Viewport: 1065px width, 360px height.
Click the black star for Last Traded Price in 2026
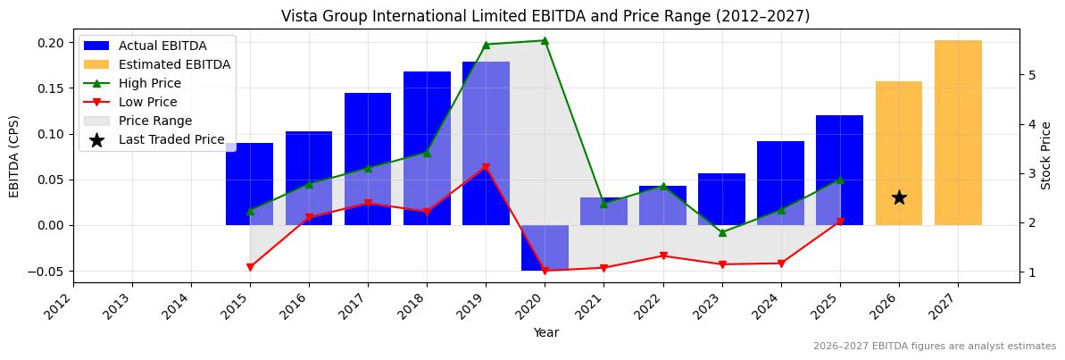(899, 197)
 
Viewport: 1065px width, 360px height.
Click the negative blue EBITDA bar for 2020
(545, 247)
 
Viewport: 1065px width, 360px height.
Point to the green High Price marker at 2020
(545, 40)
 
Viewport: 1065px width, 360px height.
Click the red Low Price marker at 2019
(486, 167)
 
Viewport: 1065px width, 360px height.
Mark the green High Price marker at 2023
(722, 232)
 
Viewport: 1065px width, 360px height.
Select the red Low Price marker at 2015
(250, 267)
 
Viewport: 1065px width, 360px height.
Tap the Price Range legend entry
(155, 121)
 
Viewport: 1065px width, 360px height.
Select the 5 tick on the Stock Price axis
(1031, 75)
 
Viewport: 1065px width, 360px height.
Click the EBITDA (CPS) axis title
(14, 156)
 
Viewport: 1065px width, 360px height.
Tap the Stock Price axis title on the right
(1046, 155)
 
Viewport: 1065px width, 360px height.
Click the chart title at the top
(545, 16)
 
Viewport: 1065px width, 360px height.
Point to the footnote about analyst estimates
(934, 347)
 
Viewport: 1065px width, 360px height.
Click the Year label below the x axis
(545, 332)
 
